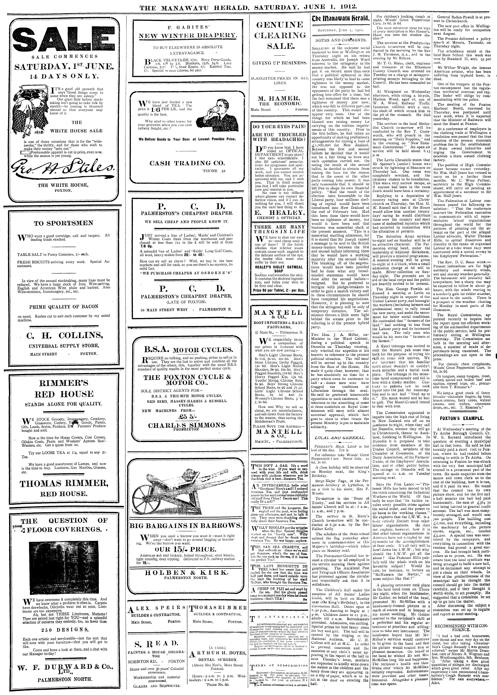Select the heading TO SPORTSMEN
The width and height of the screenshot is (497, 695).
click(x=64, y=223)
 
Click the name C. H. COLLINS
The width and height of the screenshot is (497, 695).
click(x=64, y=336)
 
